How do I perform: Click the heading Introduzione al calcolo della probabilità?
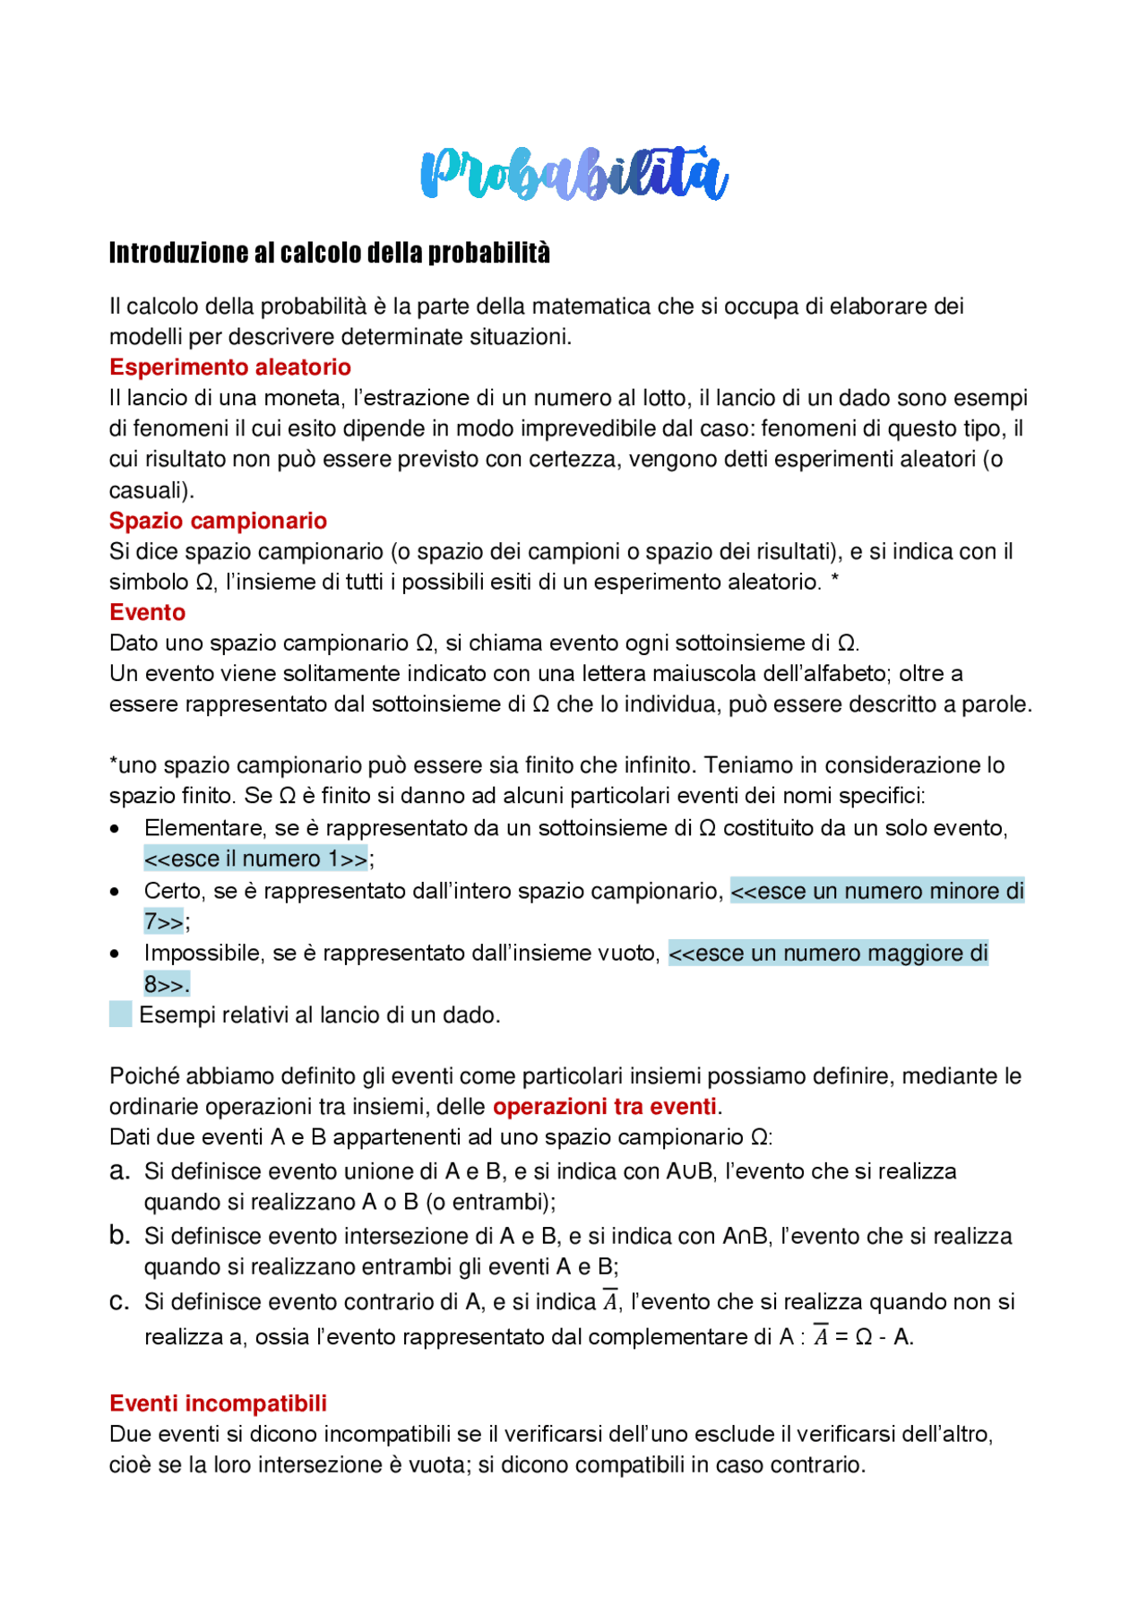click(x=329, y=253)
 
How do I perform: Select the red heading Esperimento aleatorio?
click(x=229, y=367)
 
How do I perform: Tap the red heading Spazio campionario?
click(x=218, y=521)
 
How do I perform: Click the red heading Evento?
click(x=147, y=612)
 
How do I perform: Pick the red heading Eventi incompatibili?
click(x=218, y=1403)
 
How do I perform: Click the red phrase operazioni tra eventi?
click(x=604, y=1107)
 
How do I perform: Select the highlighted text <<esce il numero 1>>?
click(x=255, y=859)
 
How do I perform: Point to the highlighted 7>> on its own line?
click(x=164, y=921)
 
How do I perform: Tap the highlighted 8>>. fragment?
click(x=167, y=985)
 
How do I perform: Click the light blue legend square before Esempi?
click(x=121, y=1014)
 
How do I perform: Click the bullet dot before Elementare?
click(x=115, y=829)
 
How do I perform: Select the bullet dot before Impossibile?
click(x=115, y=954)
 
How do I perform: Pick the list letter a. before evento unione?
click(x=119, y=1171)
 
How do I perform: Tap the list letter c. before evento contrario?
click(x=119, y=1301)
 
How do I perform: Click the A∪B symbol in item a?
click(x=689, y=1171)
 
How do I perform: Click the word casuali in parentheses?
click(x=147, y=491)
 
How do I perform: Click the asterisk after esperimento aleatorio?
click(x=834, y=580)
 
